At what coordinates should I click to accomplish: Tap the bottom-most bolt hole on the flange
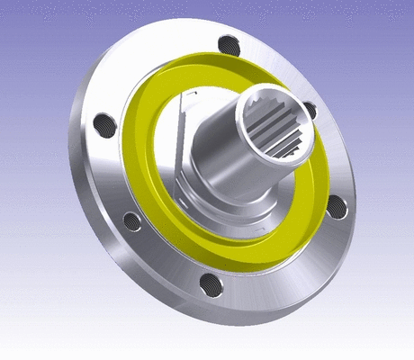(x=212, y=285)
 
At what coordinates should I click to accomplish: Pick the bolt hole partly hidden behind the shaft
(x=310, y=110)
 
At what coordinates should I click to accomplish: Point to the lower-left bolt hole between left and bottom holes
(x=130, y=220)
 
